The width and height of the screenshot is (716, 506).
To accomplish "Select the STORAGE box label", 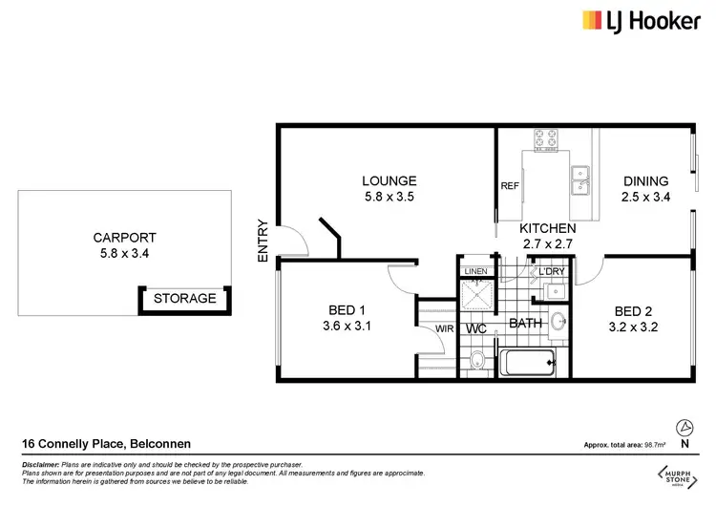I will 185,299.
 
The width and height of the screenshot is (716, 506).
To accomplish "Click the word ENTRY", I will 263,242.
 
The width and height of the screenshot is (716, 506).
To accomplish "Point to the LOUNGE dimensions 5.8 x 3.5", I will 389,198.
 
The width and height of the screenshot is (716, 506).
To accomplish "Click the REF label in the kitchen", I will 509,186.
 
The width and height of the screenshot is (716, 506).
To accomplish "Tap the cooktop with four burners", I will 548,139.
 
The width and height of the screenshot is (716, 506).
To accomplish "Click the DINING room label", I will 646,181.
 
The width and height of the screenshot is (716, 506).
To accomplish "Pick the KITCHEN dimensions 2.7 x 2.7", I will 547,245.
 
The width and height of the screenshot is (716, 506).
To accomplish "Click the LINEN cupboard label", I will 475,272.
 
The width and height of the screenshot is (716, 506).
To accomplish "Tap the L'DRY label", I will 553,272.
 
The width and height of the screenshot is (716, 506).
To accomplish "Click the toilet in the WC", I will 475,360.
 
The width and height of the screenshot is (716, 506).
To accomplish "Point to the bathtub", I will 528,363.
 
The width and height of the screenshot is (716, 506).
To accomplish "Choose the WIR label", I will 444,329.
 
